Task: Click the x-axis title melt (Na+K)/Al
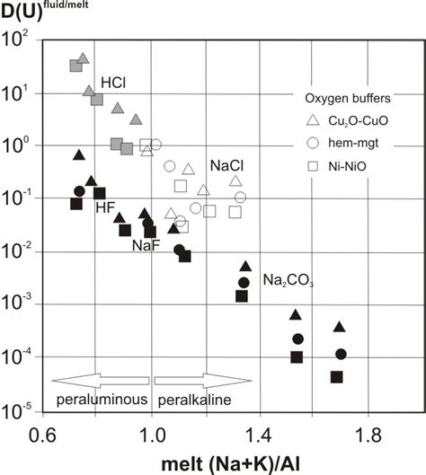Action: [241, 462]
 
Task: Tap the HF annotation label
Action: [108, 208]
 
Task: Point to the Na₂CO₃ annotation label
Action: [288, 281]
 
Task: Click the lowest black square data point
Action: [337, 376]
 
